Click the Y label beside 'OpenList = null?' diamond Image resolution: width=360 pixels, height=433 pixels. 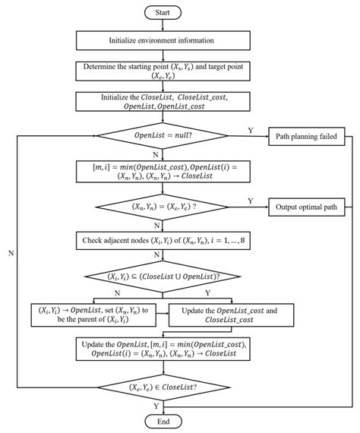[x=251, y=130]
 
